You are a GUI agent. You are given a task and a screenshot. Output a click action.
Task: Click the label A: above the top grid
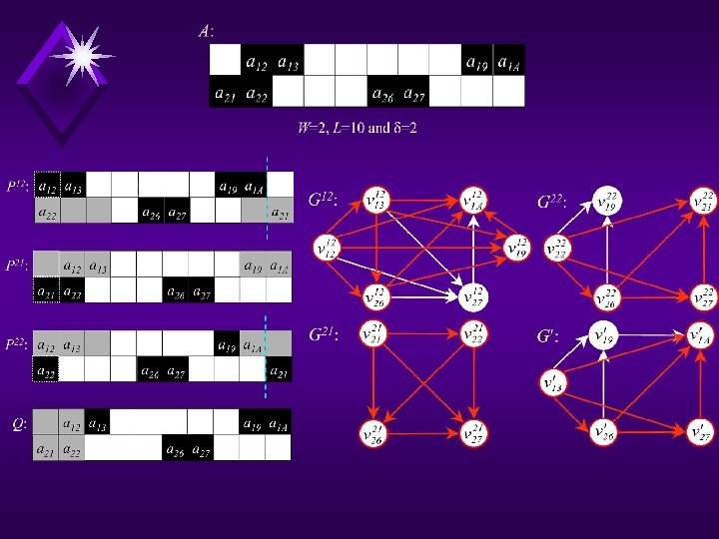tap(204, 31)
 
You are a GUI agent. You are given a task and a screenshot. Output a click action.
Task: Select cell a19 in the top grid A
tap(477, 63)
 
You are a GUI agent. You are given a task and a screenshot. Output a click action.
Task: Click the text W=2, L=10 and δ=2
tap(357, 129)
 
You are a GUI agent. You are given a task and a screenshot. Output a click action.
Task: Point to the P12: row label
tap(16, 186)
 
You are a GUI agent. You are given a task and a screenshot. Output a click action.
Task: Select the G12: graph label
tap(323, 202)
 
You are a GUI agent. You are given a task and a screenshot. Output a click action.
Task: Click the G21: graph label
tap(323, 335)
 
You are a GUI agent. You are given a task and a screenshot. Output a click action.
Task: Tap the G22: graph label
tap(555, 202)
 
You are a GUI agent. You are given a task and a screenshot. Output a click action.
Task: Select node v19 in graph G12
tap(517, 245)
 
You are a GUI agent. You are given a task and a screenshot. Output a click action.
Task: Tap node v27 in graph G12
tap(474, 295)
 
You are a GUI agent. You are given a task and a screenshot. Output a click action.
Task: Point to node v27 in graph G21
tap(474, 432)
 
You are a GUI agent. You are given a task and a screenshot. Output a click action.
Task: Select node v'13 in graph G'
tap(552, 382)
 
